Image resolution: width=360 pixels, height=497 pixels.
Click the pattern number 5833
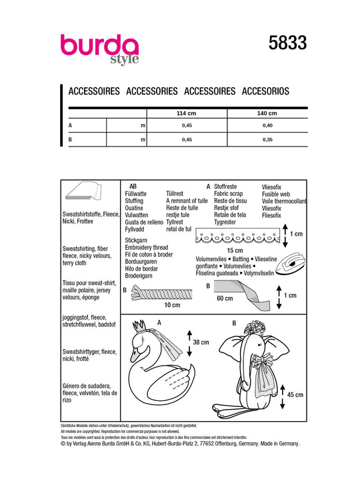[x=288, y=43]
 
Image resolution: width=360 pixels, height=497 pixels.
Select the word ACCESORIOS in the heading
[x=265, y=91]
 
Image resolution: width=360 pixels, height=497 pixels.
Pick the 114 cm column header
[x=187, y=113]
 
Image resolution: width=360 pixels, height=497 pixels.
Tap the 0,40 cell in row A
[x=267, y=125]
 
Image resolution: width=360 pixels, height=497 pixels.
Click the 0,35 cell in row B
[x=267, y=139]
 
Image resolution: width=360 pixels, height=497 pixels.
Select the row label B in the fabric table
[x=70, y=139]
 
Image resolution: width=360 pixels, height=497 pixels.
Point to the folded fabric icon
[x=83, y=191]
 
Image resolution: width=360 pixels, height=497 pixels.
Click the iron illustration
[x=291, y=262]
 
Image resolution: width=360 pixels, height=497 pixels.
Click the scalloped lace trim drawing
[x=238, y=235]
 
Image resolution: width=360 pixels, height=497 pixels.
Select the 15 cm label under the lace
[x=235, y=250]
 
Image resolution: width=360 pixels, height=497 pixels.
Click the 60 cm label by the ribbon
[x=225, y=298]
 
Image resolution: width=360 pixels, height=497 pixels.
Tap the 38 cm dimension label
[x=201, y=342]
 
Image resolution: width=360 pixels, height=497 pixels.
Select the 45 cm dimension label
[x=295, y=395]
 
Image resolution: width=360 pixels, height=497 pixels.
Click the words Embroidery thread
[x=147, y=247]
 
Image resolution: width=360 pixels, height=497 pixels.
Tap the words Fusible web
[x=276, y=194]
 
